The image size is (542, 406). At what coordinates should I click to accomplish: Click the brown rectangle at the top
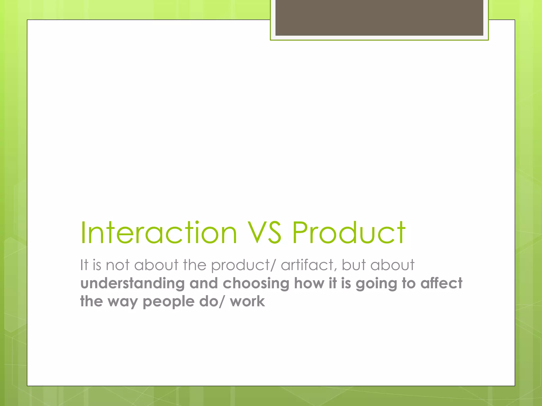pyautogui.click(x=379, y=17)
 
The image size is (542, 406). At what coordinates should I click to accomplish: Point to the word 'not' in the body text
pyautogui.click(x=118, y=265)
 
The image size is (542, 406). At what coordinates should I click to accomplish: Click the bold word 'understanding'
pyautogui.click(x=132, y=283)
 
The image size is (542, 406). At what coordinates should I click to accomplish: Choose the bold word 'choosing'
pyautogui.click(x=256, y=284)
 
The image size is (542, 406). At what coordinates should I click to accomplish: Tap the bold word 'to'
pyautogui.click(x=409, y=283)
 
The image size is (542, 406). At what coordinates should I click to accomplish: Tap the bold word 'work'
pyautogui.click(x=247, y=301)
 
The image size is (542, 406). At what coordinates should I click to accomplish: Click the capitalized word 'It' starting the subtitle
pyautogui.click(x=84, y=265)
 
